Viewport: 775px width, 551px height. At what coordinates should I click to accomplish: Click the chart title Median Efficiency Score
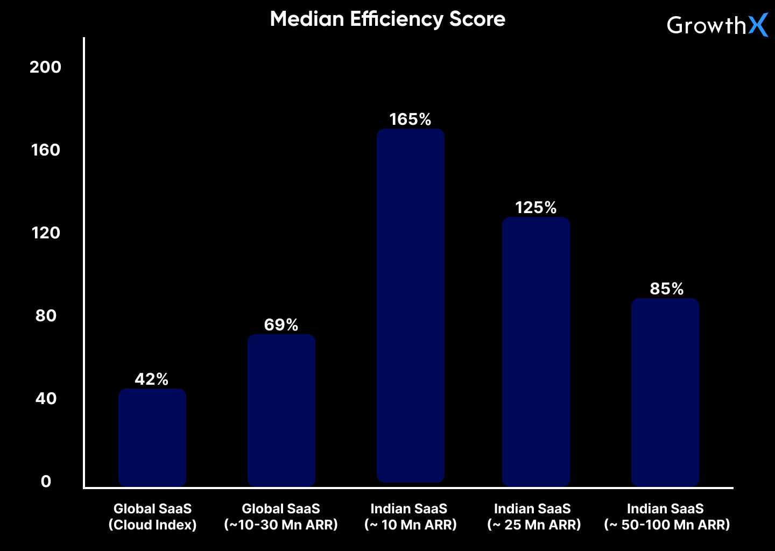coord(387,19)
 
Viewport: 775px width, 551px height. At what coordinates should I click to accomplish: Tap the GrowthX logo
coord(717,25)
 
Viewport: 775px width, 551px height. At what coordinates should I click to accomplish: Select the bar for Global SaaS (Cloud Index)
coord(152,437)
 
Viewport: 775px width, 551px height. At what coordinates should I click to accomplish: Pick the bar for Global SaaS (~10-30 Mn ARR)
coord(281,410)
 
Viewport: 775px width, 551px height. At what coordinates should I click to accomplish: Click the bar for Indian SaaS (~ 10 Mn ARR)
coord(410,306)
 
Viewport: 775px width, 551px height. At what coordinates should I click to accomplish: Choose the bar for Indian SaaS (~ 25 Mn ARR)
coord(536,351)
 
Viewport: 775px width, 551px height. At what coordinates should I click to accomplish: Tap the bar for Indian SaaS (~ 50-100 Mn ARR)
coord(665,392)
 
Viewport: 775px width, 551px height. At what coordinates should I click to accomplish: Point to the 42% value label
coord(152,379)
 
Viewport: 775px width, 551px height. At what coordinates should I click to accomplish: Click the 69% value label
coord(281,325)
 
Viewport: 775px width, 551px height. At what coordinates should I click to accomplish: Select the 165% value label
coord(410,119)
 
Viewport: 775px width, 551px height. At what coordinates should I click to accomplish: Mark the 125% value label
coord(536,208)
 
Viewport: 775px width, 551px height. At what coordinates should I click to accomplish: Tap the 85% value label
coord(666,289)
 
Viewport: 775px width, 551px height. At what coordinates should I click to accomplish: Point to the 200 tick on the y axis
coord(45,67)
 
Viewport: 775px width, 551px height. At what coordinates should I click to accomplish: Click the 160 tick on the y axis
coord(45,150)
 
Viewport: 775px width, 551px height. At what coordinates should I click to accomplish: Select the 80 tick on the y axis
coord(46,316)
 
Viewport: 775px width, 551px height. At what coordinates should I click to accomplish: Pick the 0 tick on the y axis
coord(46,482)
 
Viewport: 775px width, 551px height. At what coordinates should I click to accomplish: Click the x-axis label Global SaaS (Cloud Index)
coord(152,517)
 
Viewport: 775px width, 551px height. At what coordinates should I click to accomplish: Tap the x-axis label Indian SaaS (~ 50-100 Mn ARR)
coord(666,517)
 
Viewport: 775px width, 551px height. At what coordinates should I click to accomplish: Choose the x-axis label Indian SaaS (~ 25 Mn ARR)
coord(533,517)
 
